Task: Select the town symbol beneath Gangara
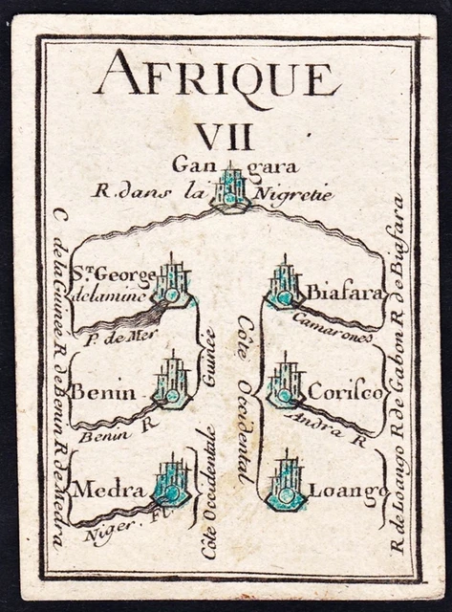click(230, 187)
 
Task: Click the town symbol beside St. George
click(172, 284)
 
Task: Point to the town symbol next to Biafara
click(284, 286)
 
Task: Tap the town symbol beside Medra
click(172, 483)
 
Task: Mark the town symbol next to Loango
click(287, 486)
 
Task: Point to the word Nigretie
click(297, 193)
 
